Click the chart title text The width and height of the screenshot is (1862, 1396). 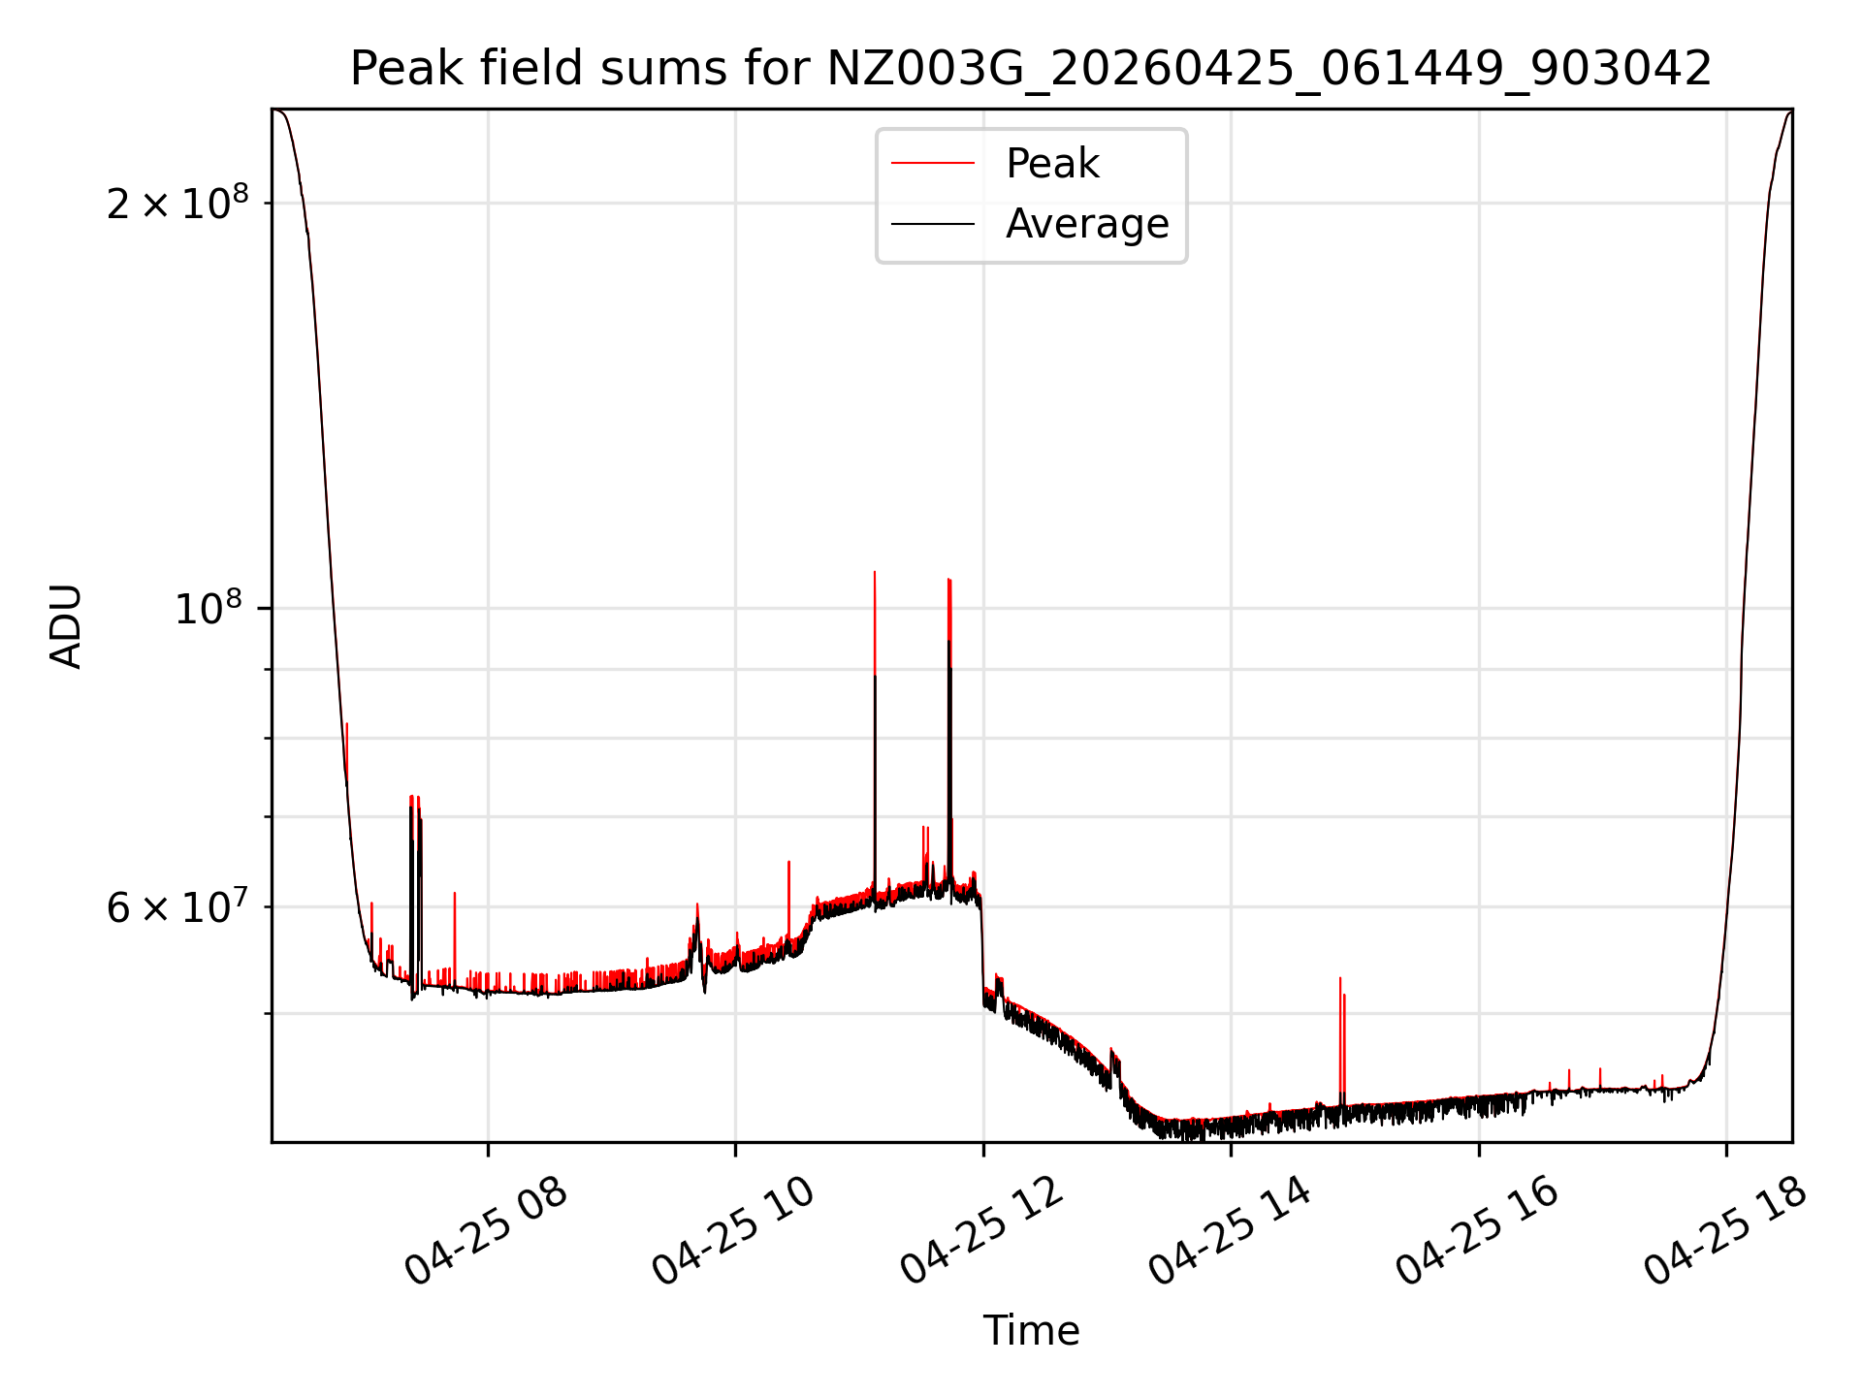pyautogui.click(x=1031, y=69)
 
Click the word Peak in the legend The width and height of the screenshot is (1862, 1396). pyautogui.click(x=1053, y=164)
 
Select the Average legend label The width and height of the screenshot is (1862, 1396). pyautogui.click(x=1087, y=224)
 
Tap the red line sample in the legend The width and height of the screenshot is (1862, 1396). pyautogui.click(x=933, y=164)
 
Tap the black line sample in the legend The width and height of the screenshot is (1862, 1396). pyautogui.click(x=933, y=224)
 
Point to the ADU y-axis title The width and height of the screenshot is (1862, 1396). pyautogui.click(x=66, y=626)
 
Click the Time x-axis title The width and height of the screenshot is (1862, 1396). pyautogui.click(x=1031, y=1331)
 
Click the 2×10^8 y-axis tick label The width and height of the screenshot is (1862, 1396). pyautogui.click(x=177, y=202)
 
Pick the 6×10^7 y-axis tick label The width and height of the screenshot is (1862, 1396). pyautogui.click(x=177, y=906)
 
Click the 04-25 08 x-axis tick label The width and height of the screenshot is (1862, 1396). pyautogui.click(x=485, y=1232)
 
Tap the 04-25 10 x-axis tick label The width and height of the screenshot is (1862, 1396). pyautogui.click(x=733, y=1232)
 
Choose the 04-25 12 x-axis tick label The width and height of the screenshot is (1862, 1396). pyautogui.click(x=981, y=1232)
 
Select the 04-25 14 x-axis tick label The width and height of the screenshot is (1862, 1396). pyautogui.click(x=1229, y=1232)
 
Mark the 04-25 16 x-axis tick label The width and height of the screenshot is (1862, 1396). pyautogui.click(x=1477, y=1232)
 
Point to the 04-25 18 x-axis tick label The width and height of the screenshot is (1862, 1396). pyautogui.click(x=1725, y=1232)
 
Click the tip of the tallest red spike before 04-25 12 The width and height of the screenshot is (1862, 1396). pyautogui.click(x=875, y=572)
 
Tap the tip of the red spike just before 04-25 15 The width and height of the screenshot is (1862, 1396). pyautogui.click(x=1340, y=978)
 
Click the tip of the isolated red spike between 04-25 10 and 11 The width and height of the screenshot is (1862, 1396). pyautogui.click(x=788, y=861)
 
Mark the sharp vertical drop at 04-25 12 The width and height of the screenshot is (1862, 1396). pyautogui.click(x=982, y=950)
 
